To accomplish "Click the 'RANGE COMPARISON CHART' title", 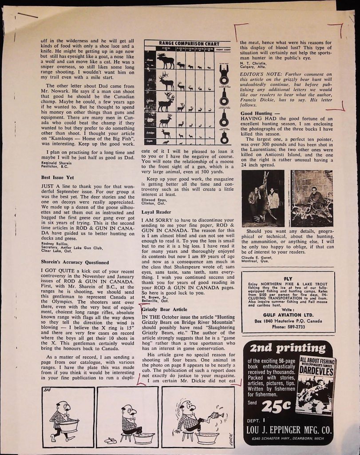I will point(189,44).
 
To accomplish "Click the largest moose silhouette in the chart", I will point(165,61).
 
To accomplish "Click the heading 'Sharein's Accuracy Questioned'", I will point(75,262).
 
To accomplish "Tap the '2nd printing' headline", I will point(288,348).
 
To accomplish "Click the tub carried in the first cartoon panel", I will point(69,425).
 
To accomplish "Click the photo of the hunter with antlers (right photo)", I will point(311,198).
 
